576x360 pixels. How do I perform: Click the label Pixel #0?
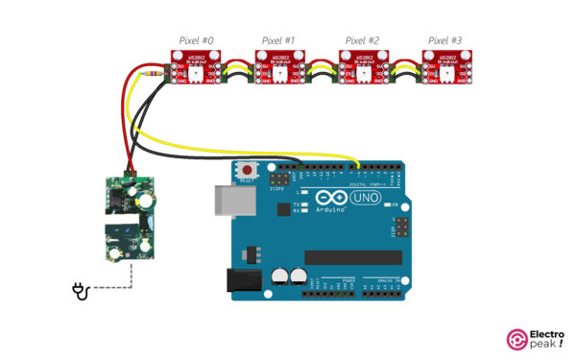(x=196, y=40)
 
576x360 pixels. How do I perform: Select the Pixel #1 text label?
(x=278, y=40)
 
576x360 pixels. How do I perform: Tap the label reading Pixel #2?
(x=362, y=40)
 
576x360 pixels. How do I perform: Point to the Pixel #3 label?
(x=444, y=40)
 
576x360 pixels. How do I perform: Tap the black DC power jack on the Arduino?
(x=240, y=279)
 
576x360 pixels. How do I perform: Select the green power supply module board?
(x=128, y=217)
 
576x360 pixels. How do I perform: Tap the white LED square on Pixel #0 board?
(x=197, y=75)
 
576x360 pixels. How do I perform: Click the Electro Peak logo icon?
(x=516, y=338)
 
